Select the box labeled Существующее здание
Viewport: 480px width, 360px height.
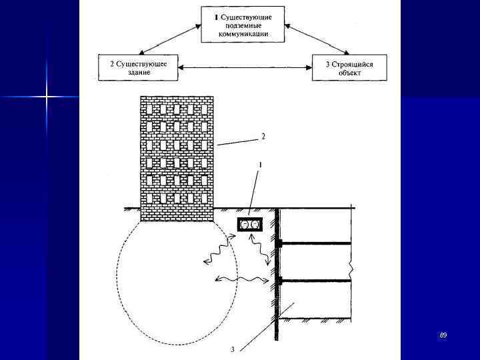point(138,68)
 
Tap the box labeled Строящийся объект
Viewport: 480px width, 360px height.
point(349,68)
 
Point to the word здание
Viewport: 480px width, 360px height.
point(139,73)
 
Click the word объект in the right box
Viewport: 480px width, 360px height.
point(349,73)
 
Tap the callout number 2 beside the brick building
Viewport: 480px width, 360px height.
point(263,137)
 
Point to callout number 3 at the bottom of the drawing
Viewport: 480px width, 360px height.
point(232,349)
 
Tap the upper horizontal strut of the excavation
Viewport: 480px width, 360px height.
point(316,243)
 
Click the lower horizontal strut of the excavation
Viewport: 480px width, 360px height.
point(316,281)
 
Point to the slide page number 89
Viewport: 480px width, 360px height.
point(443,335)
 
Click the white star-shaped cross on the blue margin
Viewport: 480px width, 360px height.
point(47,97)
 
